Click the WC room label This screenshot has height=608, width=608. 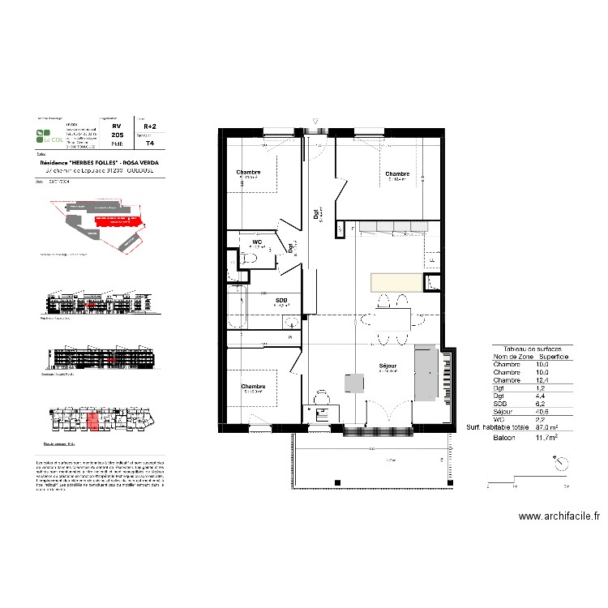pos(256,242)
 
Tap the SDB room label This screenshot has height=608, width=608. pos(281,301)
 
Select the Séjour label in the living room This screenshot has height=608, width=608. pos(388,366)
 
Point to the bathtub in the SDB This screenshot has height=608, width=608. pos(236,308)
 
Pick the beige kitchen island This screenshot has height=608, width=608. pos(396,282)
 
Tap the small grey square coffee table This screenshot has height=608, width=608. pos(354,383)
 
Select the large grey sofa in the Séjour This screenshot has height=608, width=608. pos(426,374)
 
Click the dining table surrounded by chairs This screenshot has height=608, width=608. pos(393,317)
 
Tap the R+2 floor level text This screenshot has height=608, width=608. pos(150,126)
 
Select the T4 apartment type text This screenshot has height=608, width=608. pos(149,143)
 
